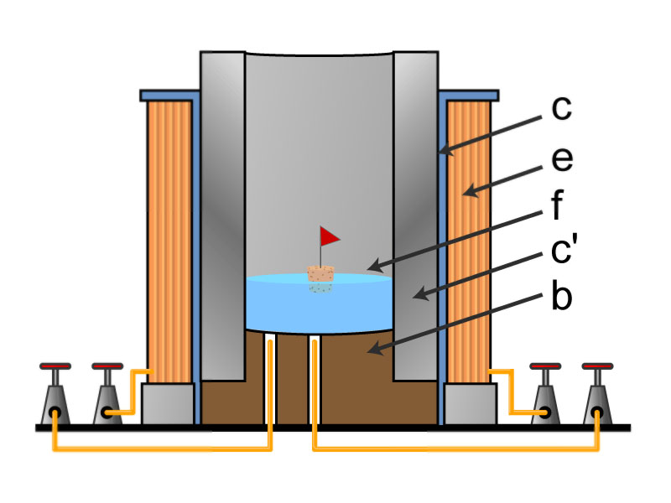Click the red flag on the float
point(329,237)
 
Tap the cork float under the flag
point(321,273)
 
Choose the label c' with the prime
point(564,251)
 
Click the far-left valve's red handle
point(55,366)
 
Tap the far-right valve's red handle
point(597,366)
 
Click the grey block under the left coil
point(168,403)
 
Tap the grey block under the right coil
point(468,403)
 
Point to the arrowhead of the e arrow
point(466,194)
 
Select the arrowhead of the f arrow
point(368,268)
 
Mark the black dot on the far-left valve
point(55,413)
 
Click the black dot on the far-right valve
point(597,413)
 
